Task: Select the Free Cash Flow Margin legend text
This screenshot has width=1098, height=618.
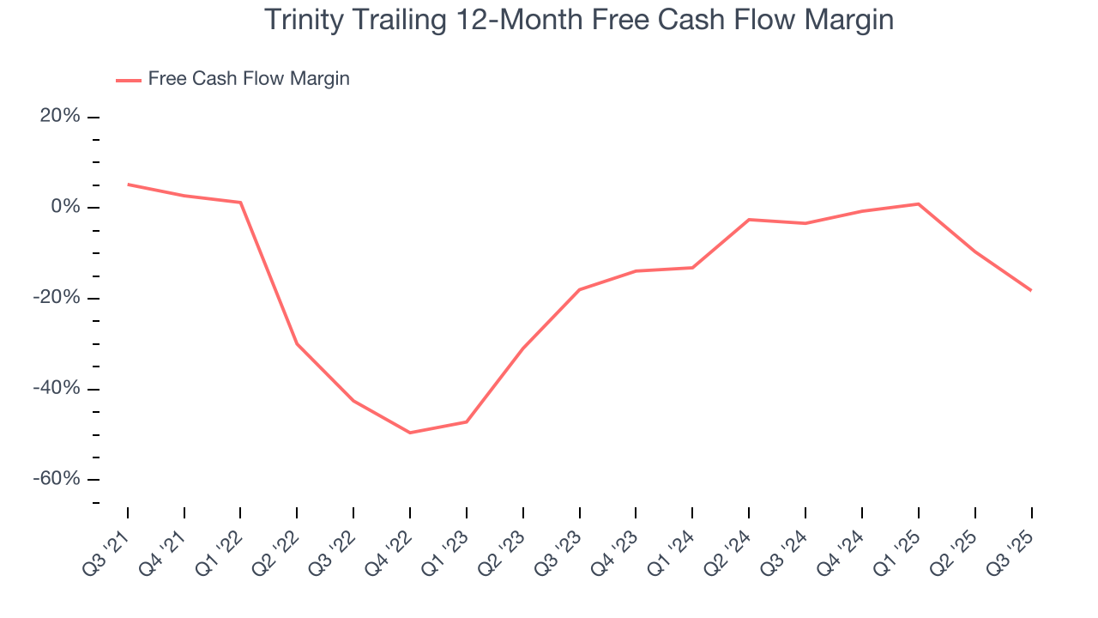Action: tap(249, 79)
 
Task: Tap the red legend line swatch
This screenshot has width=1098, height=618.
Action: tap(129, 80)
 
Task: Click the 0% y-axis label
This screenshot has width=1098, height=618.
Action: tap(65, 207)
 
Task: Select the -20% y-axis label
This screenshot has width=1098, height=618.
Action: tap(57, 298)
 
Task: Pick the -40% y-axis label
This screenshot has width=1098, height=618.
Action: tap(57, 389)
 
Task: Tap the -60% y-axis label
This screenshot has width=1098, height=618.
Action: tap(57, 479)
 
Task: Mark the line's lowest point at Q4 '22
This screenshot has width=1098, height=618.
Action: tap(410, 433)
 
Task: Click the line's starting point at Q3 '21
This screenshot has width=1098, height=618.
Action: tap(128, 185)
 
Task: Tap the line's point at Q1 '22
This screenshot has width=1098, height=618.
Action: tap(241, 203)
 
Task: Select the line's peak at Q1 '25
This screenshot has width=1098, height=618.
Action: tap(918, 203)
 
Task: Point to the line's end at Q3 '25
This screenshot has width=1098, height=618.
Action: tap(1031, 290)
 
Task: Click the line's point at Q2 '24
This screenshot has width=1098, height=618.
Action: tap(749, 220)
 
